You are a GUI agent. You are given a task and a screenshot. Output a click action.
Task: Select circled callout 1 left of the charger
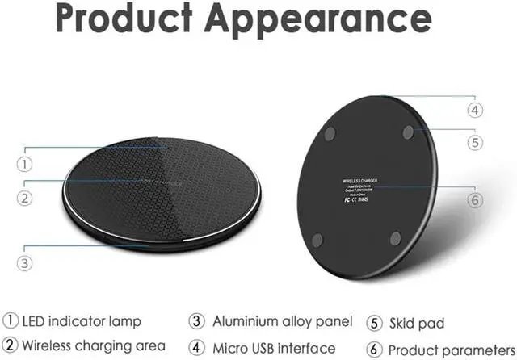click(x=25, y=164)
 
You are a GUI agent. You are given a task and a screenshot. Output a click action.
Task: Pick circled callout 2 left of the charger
click(x=25, y=197)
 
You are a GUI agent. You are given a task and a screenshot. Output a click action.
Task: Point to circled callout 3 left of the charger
click(x=25, y=262)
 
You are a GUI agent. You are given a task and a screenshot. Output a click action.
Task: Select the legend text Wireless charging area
click(x=95, y=346)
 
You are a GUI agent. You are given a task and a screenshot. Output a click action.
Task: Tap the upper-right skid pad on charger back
click(x=409, y=129)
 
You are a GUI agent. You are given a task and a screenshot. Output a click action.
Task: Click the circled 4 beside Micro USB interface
click(x=196, y=347)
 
